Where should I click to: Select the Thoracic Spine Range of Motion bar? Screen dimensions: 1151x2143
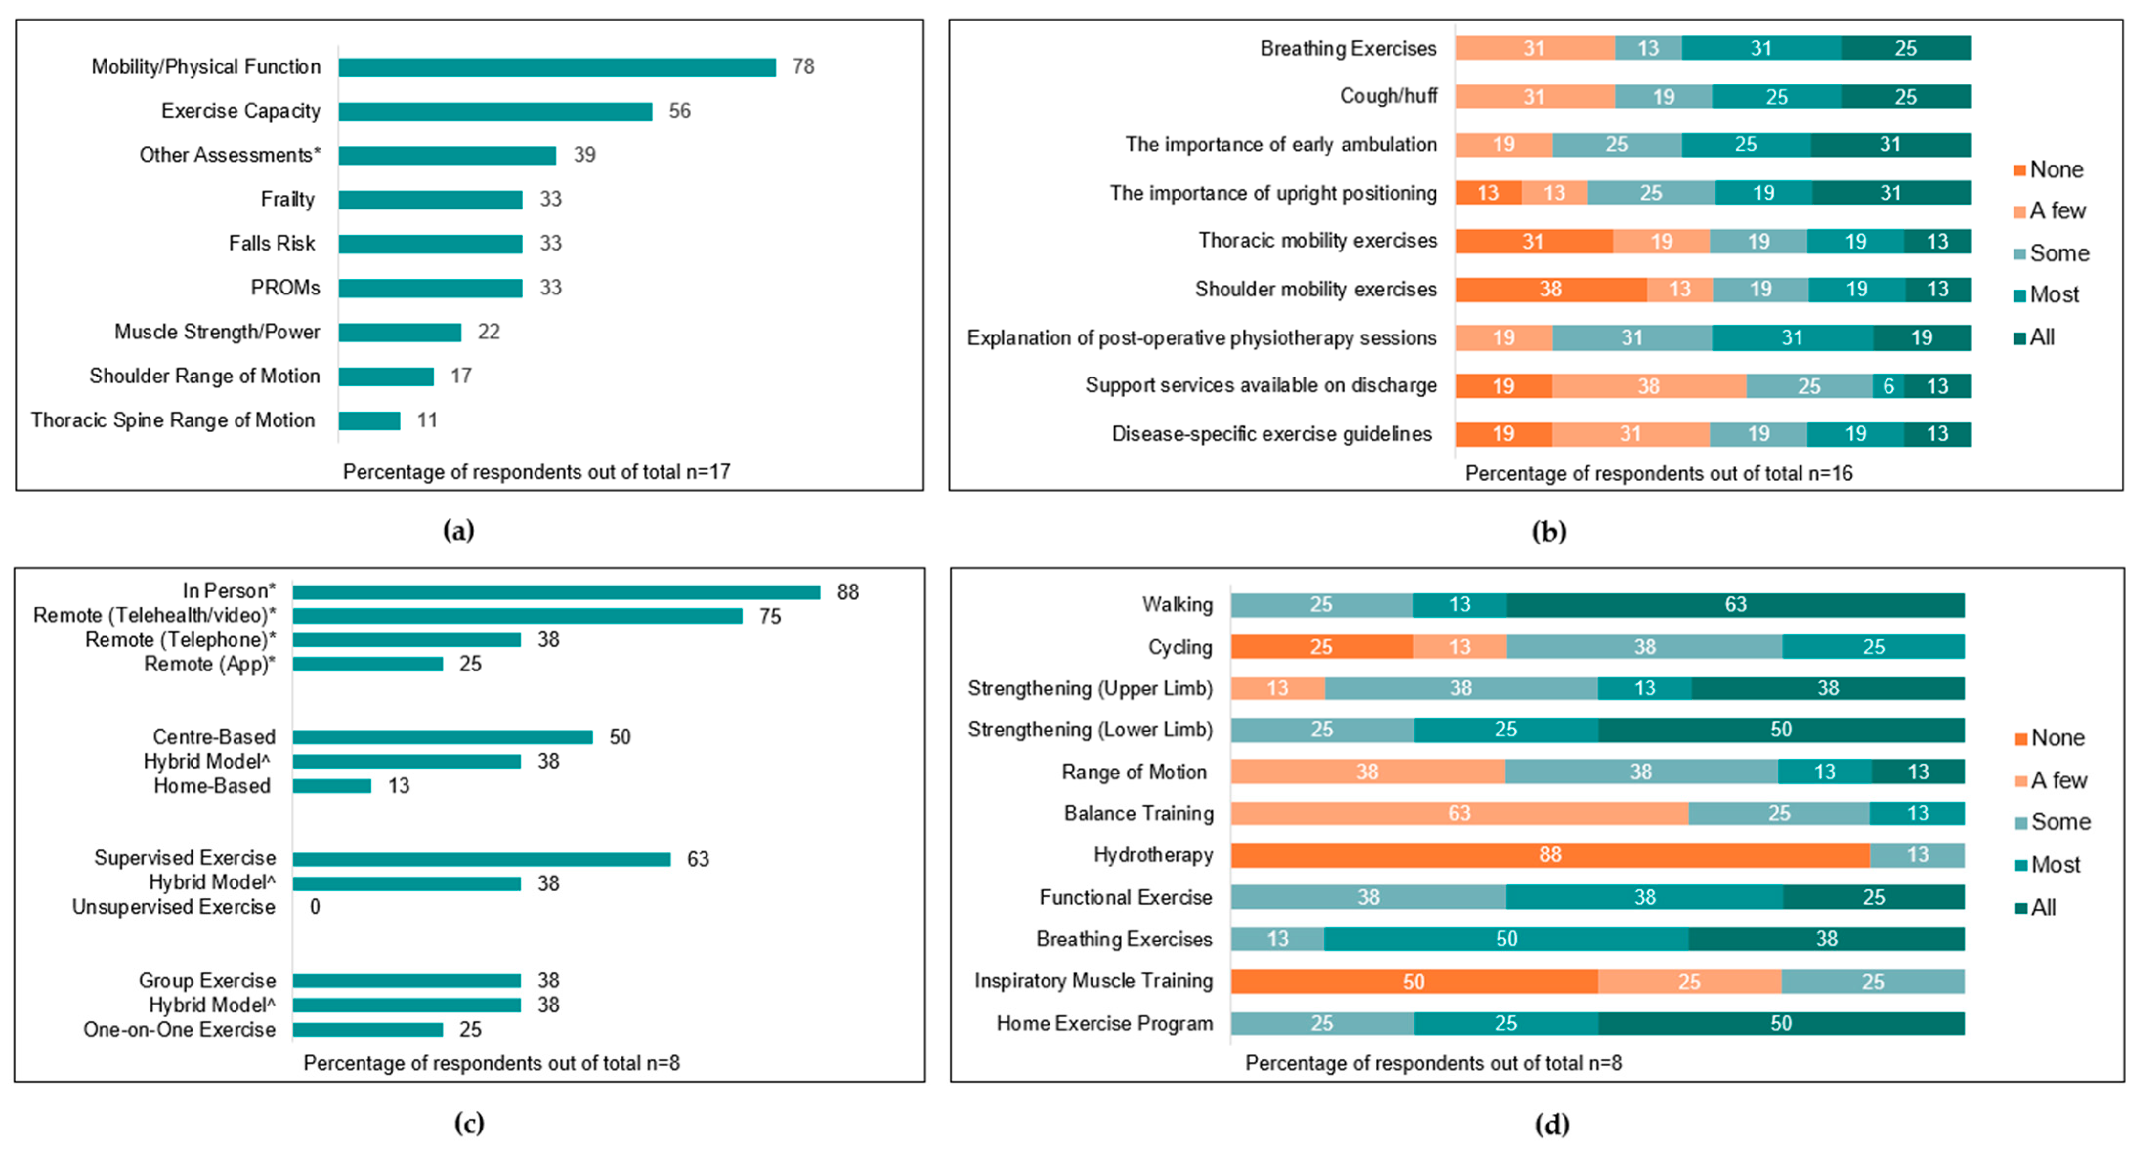pyautogui.click(x=369, y=421)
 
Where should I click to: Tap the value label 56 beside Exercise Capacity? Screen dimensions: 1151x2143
pyautogui.click(x=680, y=111)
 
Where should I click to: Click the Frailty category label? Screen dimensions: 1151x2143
pyautogui.click(x=288, y=200)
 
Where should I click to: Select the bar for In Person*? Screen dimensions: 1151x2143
pyautogui.click(x=556, y=592)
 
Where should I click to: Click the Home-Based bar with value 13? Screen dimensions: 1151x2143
pyautogui.click(x=332, y=786)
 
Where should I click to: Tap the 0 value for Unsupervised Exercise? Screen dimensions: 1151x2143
pyautogui.click(x=315, y=906)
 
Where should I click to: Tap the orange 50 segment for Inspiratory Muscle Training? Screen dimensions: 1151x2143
pyautogui.click(x=1414, y=982)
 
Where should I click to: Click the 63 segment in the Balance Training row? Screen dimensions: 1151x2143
pyautogui.click(x=1458, y=814)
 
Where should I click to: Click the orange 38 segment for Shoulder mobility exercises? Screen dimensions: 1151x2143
pyautogui.click(x=1550, y=290)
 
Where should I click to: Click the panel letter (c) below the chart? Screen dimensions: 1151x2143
pyautogui.click(x=469, y=1124)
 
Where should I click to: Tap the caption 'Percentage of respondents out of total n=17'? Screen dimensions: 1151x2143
pyautogui.click(x=536, y=472)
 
